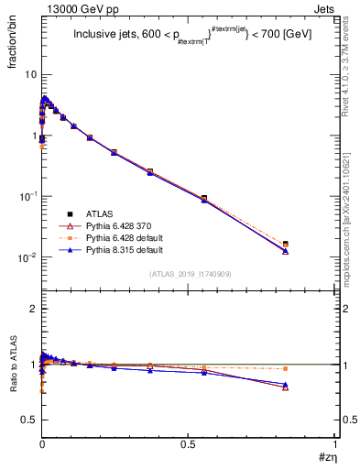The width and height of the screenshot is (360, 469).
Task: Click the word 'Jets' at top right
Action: (323, 7)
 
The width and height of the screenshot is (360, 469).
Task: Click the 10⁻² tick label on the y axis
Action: (26, 258)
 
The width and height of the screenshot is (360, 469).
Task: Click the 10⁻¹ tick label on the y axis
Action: (26, 197)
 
